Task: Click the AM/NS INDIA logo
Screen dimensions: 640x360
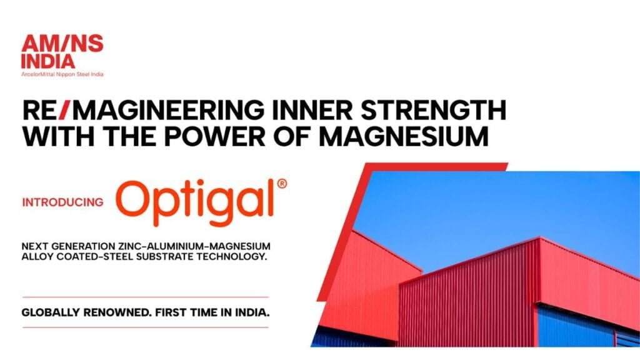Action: pos(62,56)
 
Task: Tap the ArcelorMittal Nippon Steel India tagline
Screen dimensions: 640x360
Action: pos(62,74)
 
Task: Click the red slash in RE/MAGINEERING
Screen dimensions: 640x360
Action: pos(65,110)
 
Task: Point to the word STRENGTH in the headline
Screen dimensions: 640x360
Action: pos(434,110)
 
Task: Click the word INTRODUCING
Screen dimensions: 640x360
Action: pos(63,202)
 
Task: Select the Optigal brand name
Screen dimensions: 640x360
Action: pos(195,202)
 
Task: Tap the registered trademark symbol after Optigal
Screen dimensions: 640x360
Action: pos(282,184)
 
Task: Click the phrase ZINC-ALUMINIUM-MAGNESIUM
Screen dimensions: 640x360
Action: pos(194,246)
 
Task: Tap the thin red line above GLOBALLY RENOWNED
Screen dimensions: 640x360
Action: pos(146,297)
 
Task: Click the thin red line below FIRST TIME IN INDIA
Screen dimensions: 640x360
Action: pos(146,327)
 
